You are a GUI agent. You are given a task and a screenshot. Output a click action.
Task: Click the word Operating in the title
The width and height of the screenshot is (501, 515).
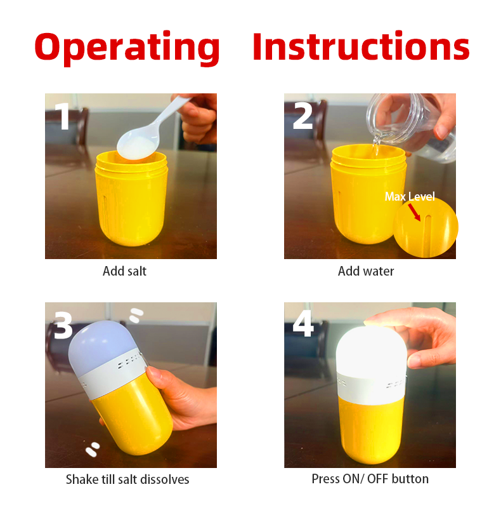(127, 48)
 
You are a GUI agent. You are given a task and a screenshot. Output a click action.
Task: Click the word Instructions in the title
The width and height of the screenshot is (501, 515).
(361, 46)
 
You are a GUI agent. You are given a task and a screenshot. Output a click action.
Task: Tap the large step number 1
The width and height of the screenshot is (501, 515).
(62, 116)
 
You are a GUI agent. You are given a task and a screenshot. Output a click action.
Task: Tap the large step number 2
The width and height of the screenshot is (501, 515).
(303, 115)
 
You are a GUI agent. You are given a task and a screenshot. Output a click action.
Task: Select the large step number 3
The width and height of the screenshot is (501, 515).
(63, 325)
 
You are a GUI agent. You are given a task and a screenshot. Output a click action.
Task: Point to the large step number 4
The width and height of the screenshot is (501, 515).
(303, 324)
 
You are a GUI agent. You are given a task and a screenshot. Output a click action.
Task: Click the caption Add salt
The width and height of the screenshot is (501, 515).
(124, 271)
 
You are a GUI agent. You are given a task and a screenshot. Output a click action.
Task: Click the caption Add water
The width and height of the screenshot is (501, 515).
(366, 271)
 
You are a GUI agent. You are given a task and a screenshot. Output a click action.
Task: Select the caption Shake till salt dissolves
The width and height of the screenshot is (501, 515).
(127, 479)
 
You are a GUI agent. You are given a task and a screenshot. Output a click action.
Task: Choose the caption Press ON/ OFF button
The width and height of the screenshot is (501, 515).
(370, 479)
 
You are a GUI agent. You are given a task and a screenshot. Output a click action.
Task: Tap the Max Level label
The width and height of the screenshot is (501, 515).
(410, 196)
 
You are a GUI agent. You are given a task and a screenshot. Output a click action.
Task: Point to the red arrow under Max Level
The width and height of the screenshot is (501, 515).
(414, 212)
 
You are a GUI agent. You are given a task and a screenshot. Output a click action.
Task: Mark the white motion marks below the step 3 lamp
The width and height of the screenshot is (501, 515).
(92, 450)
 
